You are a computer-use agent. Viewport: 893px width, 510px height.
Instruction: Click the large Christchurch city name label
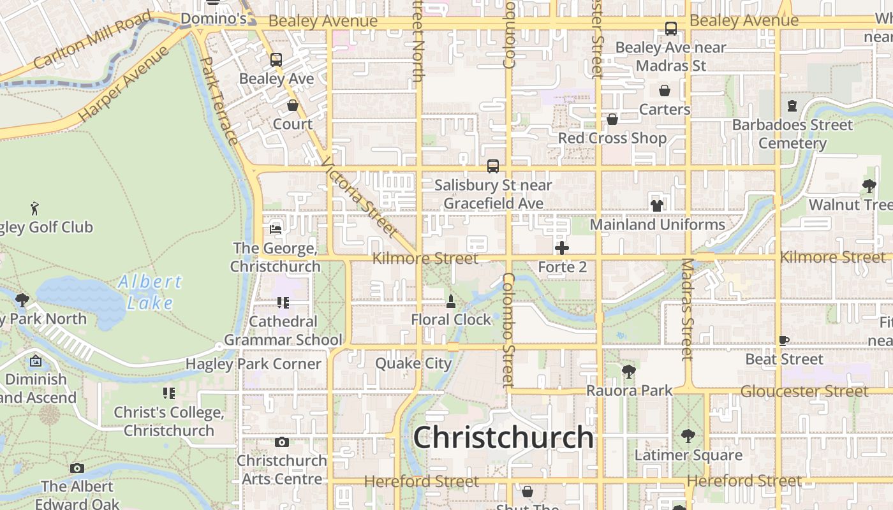click(503, 438)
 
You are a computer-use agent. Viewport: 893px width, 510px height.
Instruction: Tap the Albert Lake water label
click(150, 291)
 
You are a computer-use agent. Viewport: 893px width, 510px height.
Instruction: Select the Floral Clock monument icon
click(451, 302)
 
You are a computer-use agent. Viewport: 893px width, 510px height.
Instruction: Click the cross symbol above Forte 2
click(562, 248)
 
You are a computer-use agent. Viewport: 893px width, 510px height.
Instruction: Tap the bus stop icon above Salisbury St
click(492, 166)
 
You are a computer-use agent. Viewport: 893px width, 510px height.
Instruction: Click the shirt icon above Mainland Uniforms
click(657, 205)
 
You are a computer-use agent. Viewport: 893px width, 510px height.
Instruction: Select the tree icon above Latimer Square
click(688, 436)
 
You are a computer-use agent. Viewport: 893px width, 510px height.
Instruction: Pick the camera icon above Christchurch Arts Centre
click(281, 442)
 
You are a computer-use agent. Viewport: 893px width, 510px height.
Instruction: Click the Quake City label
click(413, 363)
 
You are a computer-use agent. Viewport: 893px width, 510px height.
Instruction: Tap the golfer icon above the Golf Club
click(34, 208)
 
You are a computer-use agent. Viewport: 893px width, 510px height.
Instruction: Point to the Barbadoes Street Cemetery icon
click(792, 106)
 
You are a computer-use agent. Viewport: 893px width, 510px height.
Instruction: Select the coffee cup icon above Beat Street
click(784, 340)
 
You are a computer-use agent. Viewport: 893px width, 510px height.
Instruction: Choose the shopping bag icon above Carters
click(665, 91)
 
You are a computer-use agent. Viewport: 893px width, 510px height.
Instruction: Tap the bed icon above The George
click(276, 229)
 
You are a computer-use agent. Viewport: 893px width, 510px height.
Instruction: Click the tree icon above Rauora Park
click(629, 371)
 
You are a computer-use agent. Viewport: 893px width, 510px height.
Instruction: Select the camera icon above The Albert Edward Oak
click(77, 468)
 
